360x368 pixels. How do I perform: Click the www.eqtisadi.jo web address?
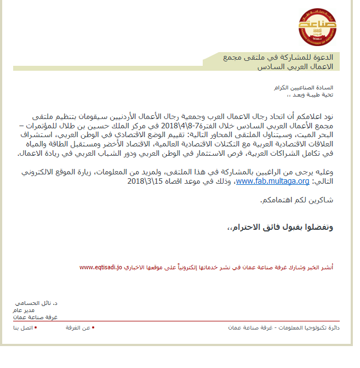pos(100,268)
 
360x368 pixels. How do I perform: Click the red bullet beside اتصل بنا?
pos(36,327)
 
